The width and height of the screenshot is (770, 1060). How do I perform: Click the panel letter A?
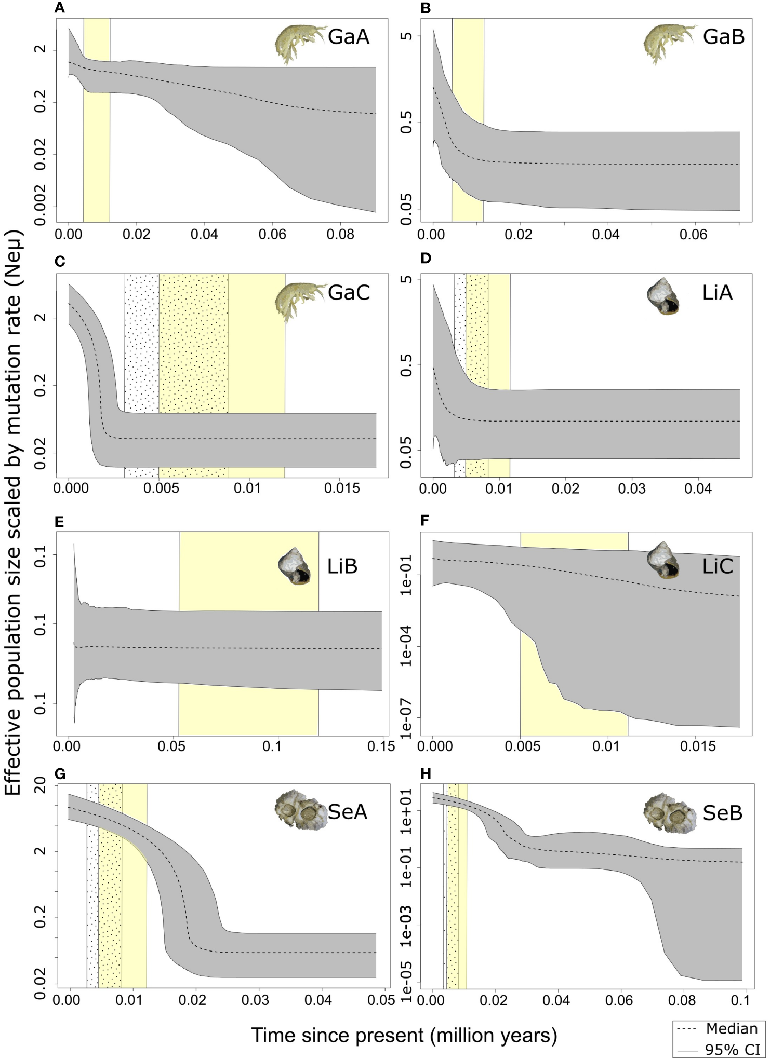(60, 8)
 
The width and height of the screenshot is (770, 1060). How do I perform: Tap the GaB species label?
(723, 37)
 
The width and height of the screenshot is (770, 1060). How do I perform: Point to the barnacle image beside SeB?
(669, 813)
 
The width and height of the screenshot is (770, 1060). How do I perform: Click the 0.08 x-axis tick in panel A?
(340, 235)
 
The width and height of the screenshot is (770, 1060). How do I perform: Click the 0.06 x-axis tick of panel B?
(694, 235)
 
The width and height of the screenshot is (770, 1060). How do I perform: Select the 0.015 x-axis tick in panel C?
(342, 488)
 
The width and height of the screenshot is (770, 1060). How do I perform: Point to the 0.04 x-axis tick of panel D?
(698, 488)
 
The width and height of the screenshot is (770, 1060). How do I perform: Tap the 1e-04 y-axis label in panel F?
(406, 646)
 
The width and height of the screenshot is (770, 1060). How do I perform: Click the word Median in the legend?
(732, 1028)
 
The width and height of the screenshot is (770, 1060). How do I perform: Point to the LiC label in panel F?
(717, 566)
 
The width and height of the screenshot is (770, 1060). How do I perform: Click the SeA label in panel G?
(347, 812)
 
